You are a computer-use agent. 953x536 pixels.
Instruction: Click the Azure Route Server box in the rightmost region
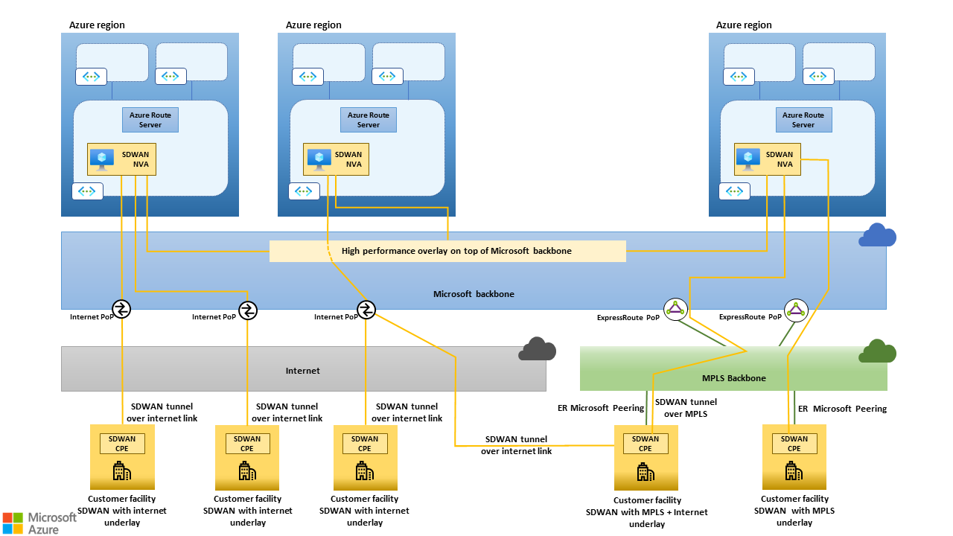(x=803, y=120)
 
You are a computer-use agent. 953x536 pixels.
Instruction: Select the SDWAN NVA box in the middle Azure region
(x=337, y=159)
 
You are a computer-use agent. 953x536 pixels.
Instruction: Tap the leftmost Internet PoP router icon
(x=121, y=309)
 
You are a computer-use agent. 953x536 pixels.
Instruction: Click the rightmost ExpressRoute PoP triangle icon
(x=796, y=310)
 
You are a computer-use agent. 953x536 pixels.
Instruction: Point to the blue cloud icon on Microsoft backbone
(x=877, y=235)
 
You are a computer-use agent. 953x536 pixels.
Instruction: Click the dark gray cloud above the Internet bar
(x=538, y=348)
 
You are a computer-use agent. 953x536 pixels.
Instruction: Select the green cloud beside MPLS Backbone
(x=877, y=351)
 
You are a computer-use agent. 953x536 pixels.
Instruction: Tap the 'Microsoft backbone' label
(x=474, y=294)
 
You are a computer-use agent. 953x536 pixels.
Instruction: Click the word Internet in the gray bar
(x=303, y=370)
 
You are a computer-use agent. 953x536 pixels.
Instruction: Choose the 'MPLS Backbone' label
(x=734, y=378)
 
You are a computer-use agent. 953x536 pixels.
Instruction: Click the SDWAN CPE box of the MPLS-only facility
(x=794, y=444)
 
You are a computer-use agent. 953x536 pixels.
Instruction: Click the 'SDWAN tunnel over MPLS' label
(x=686, y=407)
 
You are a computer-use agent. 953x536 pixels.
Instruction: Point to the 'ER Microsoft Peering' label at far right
(x=842, y=409)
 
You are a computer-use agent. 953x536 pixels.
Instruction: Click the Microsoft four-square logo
(x=13, y=522)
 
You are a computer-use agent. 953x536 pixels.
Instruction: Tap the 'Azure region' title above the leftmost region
(x=97, y=25)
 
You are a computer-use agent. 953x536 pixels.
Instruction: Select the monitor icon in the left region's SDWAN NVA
(x=101, y=159)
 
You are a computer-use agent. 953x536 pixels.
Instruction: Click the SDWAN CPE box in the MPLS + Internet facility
(x=645, y=444)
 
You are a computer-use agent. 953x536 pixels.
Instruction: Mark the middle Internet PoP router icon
(x=248, y=310)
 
